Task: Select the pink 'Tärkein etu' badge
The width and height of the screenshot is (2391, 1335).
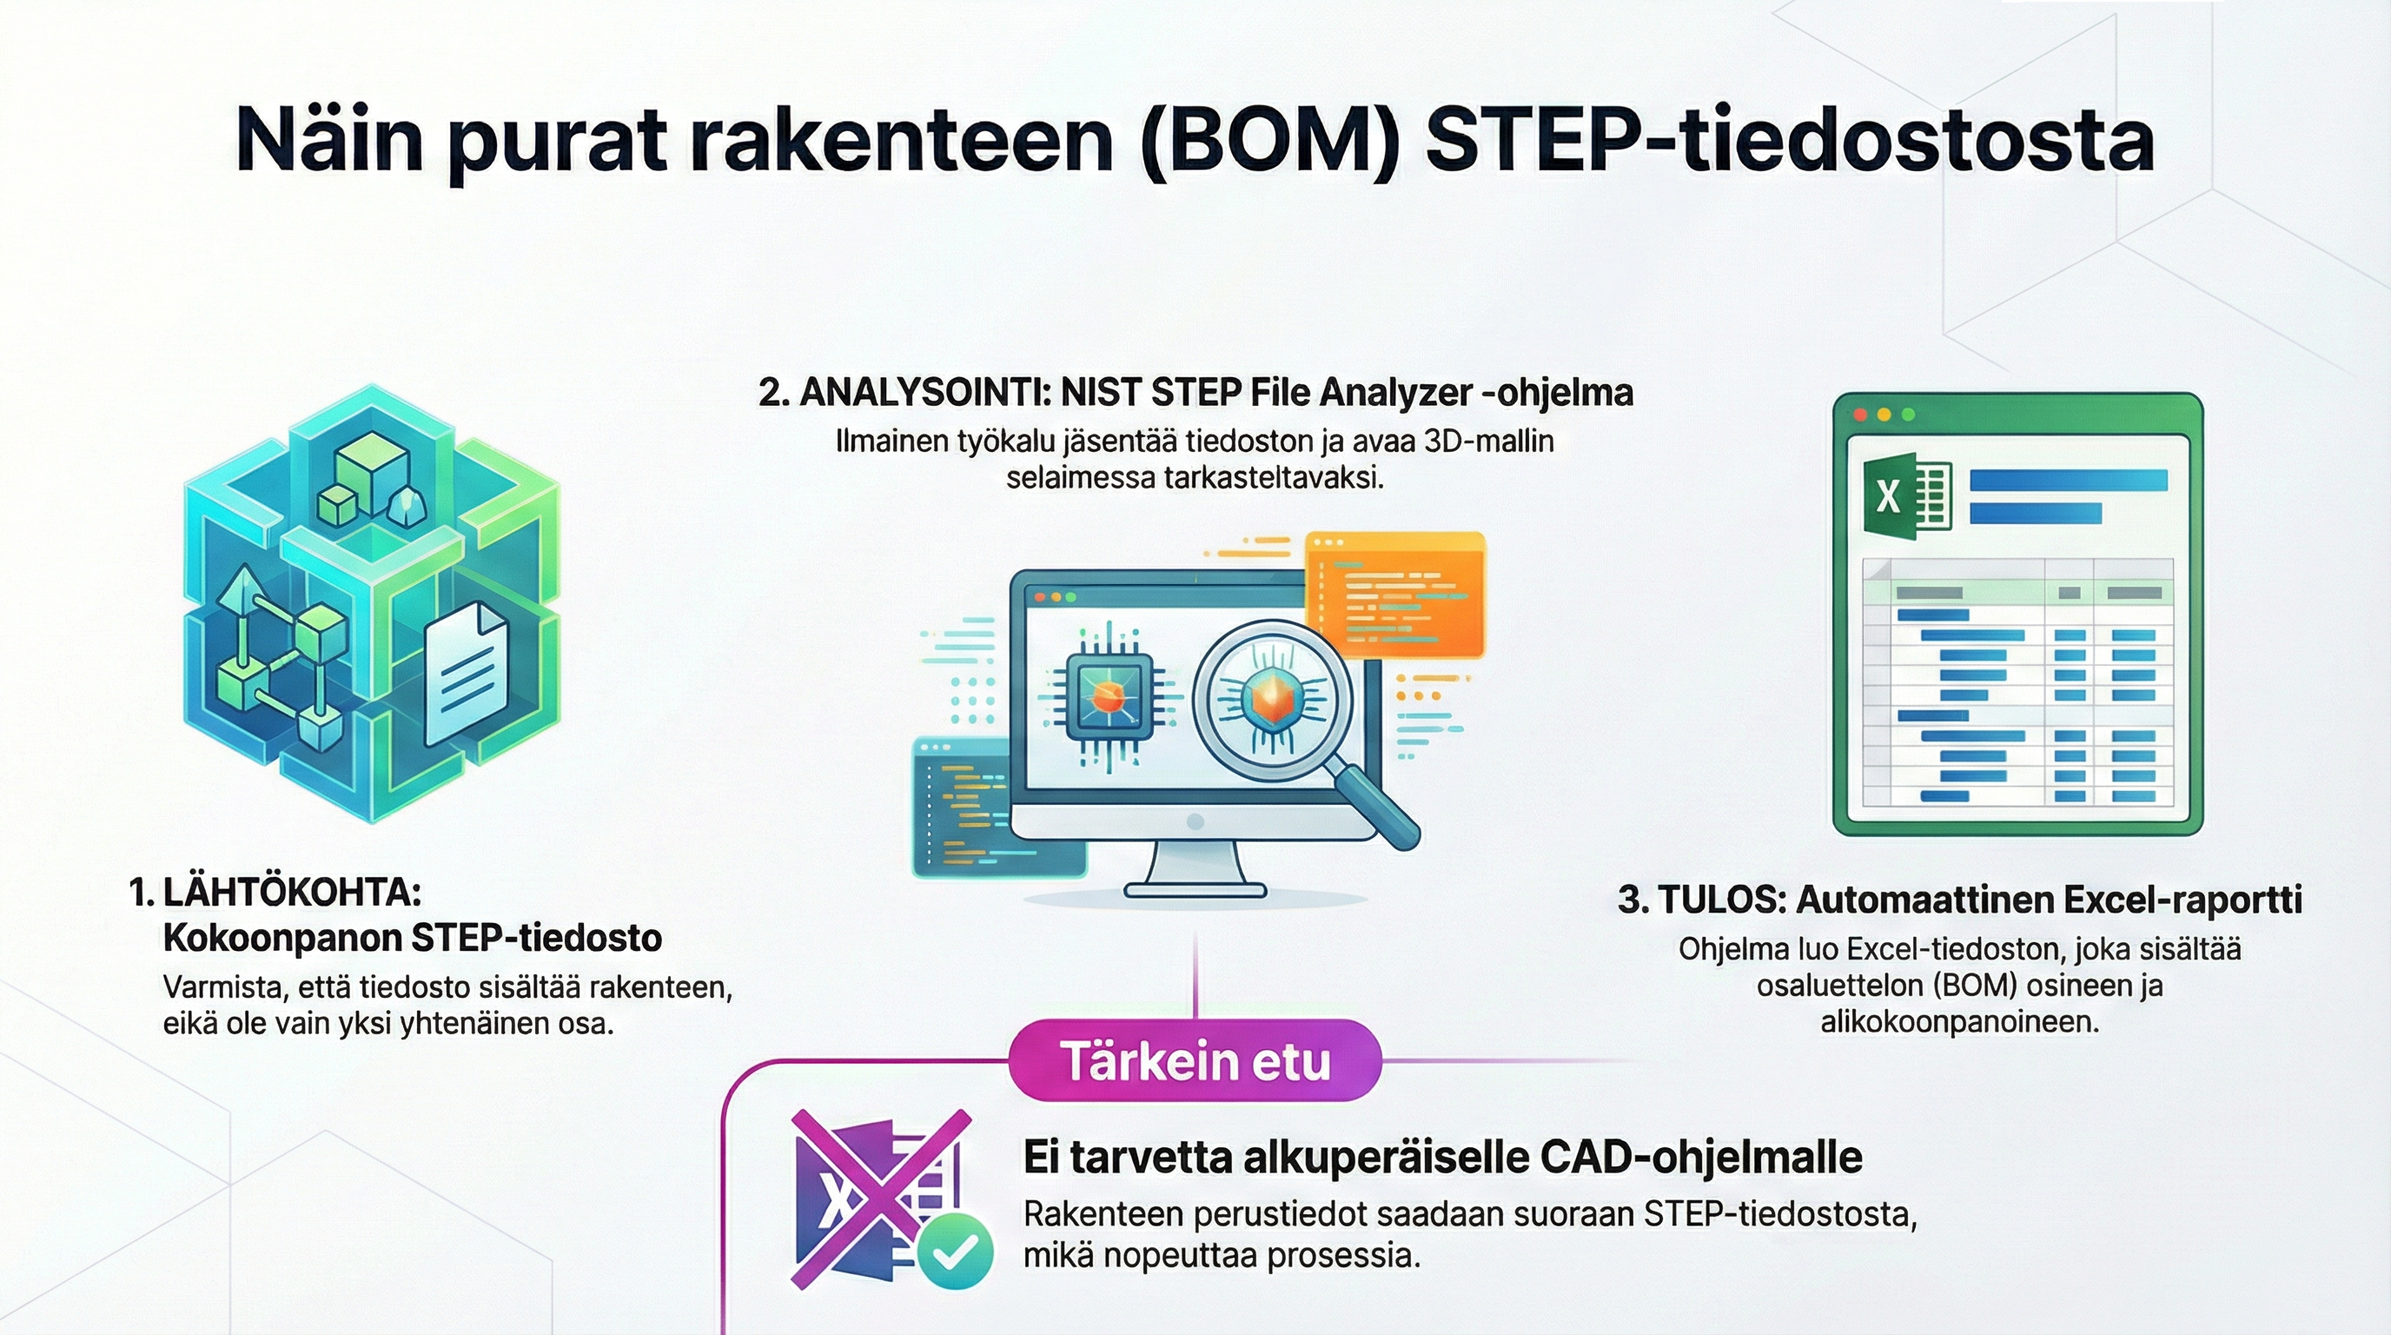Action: coord(1195,1060)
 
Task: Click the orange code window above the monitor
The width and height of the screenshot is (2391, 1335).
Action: coord(1394,594)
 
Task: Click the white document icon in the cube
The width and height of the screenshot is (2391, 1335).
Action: coord(466,671)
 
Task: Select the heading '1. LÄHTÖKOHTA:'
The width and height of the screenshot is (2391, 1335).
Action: coord(275,893)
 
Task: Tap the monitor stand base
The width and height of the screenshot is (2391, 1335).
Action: coord(1195,889)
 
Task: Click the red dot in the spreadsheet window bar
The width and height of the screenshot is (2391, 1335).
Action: coord(1859,415)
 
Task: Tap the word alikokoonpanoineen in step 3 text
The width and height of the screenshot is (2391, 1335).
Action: coord(1959,1022)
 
